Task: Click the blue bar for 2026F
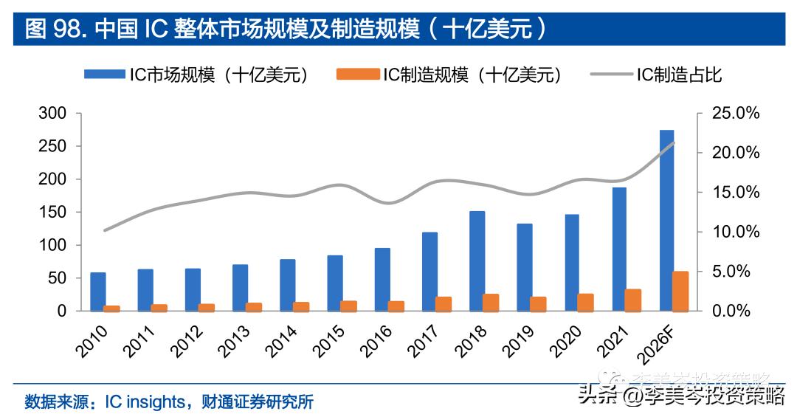(x=666, y=220)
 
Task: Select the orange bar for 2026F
(x=681, y=291)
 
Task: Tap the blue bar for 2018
(x=477, y=261)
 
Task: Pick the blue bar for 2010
(x=98, y=292)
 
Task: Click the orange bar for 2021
(x=633, y=300)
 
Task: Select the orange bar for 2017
(x=444, y=303)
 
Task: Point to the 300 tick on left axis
(x=55, y=113)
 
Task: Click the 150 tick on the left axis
(x=55, y=212)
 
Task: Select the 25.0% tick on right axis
(x=735, y=113)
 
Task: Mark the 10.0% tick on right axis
(x=735, y=232)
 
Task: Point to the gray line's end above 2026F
(x=674, y=142)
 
